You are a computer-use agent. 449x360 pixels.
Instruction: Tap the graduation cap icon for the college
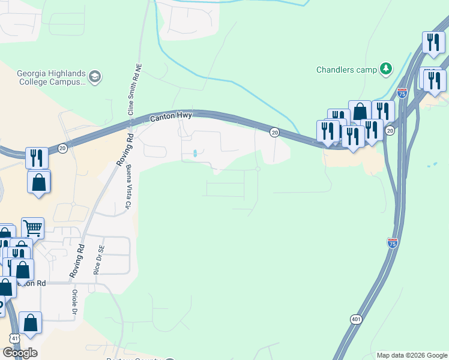(x=95, y=76)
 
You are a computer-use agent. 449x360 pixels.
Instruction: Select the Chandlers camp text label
(x=346, y=69)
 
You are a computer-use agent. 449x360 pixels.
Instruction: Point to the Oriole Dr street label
(x=76, y=307)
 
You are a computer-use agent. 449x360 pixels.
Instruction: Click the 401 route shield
(x=356, y=320)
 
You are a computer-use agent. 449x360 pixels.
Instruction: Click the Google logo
(x=20, y=353)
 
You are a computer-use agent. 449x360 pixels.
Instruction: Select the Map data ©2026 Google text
(x=412, y=355)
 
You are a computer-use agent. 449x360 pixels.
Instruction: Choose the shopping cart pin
(x=32, y=228)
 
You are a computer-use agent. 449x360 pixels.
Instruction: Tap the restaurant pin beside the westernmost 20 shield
(x=37, y=158)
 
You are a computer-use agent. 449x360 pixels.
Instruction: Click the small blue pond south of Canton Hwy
(x=196, y=154)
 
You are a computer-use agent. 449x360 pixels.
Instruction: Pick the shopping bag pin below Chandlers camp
(x=360, y=111)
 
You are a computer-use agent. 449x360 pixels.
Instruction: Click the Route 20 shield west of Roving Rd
(x=62, y=148)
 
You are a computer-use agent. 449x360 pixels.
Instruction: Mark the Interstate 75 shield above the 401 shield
(x=392, y=243)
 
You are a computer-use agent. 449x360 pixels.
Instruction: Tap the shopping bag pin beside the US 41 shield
(x=30, y=323)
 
